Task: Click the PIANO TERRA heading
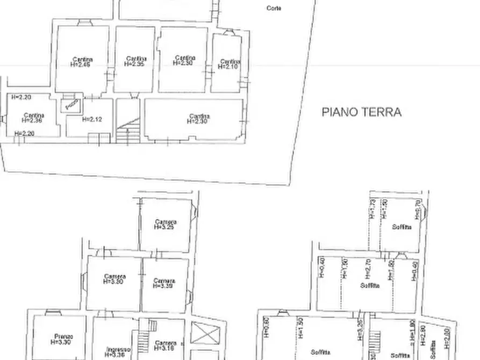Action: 361,112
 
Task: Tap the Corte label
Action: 274,8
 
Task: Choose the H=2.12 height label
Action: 92,119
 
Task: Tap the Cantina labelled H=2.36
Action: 33,118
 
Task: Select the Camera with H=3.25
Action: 165,224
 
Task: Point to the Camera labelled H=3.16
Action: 164,345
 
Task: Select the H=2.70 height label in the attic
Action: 368,267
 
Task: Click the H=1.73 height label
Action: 372,209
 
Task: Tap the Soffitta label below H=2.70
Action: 370,285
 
